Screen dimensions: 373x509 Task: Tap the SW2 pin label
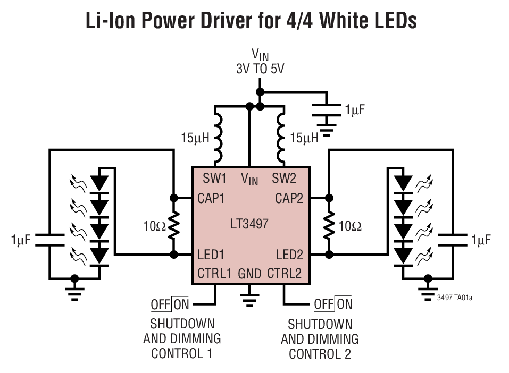click(x=284, y=177)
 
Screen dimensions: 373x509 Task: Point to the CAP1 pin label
click(x=211, y=198)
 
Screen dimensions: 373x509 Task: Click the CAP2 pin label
click(x=289, y=198)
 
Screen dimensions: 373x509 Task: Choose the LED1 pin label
click(x=211, y=255)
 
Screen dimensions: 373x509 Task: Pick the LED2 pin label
click(x=289, y=255)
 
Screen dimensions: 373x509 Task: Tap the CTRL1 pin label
click(x=214, y=274)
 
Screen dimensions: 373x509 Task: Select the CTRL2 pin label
click(x=285, y=274)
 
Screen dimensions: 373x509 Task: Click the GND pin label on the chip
click(x=249, y=274)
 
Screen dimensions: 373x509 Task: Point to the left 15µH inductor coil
click(x=218, y=136)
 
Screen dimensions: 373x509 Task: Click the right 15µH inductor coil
click(x=281, y=136)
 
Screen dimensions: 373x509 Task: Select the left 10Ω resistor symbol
click(x=173, y=226)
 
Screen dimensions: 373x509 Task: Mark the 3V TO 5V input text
click(x=260, y=69)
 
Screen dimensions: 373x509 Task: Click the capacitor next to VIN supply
click(x=326, y=109)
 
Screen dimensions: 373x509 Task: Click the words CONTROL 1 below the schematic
click(x=182, y=353)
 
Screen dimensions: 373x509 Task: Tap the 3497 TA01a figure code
click(x=455, y=298)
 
